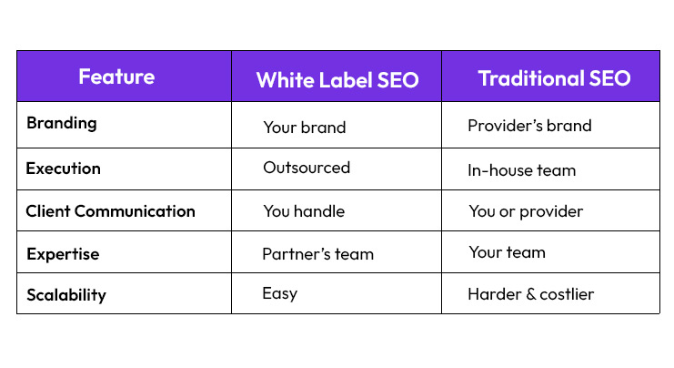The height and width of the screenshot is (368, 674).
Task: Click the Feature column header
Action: click(x=116, y=77)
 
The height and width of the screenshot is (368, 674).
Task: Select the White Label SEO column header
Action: click(x=337, y=79)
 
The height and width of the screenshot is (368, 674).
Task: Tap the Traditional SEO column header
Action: click(x=554, y=78)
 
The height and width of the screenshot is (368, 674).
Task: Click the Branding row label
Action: click(x=62, y=122)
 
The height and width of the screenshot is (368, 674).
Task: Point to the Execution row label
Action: click(x=64, y=169)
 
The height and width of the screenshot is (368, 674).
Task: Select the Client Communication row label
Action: click(x=110, y=211)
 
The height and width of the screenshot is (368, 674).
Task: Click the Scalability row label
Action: click(x=66, y=295)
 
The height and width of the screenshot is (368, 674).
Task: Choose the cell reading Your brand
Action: click(x=304, y=128)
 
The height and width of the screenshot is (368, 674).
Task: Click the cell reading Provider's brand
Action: click(x=529, y=126)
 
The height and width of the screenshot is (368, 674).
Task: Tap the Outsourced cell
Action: click(x=307, y=168)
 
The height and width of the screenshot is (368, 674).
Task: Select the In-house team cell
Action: click(x=522, y=170)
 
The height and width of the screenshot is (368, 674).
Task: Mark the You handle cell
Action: click(x=304, y=211)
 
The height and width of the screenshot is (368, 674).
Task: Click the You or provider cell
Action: click(x=526, y=212)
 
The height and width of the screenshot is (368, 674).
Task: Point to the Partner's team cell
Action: click(x=317, y=254)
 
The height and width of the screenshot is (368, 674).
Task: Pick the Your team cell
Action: click(x=507, y=252)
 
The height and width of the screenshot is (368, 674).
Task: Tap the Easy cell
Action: click(x=280, y=294)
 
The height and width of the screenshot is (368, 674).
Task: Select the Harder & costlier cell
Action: click(x=530, y=294)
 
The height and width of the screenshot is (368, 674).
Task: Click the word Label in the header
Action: click(x=347, y=79)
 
